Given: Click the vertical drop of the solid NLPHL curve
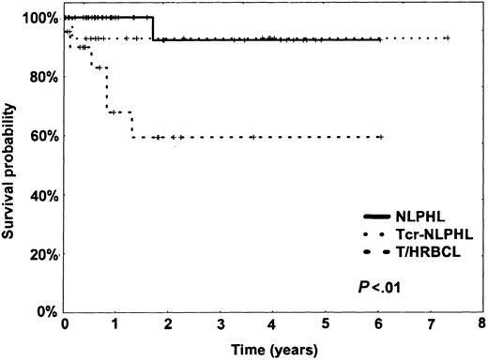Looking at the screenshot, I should [x=152, y=28].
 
